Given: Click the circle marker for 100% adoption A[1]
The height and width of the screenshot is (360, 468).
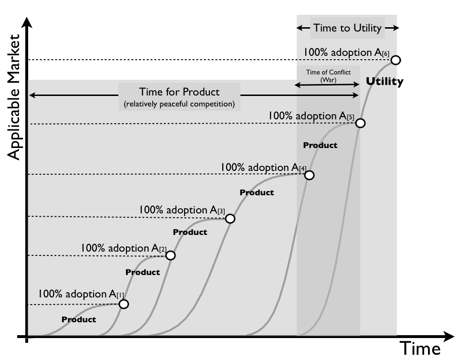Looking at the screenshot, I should click(124, 304).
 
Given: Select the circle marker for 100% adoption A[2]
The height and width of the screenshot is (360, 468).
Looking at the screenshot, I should click(170, 255).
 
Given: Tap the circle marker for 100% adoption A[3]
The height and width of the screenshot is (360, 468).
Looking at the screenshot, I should click(230, 219).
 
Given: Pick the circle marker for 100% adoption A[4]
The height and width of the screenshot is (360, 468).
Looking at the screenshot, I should click(309, 175).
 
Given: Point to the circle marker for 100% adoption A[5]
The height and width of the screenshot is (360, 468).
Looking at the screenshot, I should click(361, 123).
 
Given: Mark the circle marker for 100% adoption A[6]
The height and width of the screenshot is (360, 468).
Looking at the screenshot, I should click(395, 60).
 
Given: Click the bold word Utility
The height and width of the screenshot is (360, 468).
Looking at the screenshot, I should click(384, 82).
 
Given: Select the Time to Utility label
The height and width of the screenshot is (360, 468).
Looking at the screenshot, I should click(347, 28).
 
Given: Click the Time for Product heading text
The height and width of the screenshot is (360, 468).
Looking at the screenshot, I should click(179, 92).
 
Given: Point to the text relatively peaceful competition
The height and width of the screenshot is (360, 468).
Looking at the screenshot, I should click(179, 104).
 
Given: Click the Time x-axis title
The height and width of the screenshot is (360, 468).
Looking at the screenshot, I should click(419, 349).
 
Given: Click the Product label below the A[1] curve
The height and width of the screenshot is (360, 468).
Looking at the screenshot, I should click(79, 320).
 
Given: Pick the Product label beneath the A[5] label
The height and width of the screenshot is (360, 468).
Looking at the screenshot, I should click(320, 145).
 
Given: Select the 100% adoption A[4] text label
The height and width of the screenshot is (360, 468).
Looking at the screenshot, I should click(264, 168).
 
